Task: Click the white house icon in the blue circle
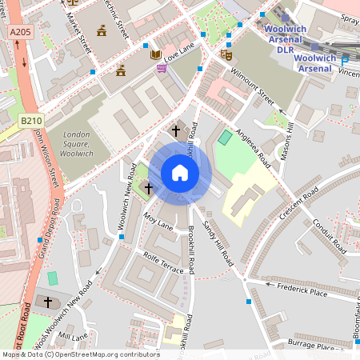(180, 173)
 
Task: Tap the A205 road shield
(21, 32)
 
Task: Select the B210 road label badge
(31, 120)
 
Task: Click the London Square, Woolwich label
(76, 143)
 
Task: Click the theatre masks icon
(226, 54)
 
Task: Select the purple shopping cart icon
(162, 69)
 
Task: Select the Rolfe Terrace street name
(162, 265)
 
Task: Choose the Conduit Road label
(328, 234)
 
